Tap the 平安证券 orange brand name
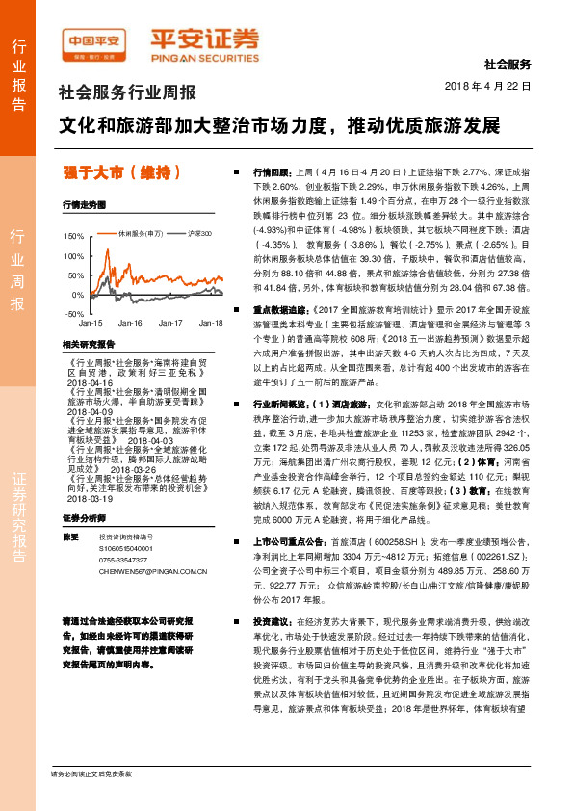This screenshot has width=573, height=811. point(204,41)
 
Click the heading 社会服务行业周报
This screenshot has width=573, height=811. point(127,93)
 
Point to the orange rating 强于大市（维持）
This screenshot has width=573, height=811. point(121,172)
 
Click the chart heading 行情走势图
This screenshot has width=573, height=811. point(84,205)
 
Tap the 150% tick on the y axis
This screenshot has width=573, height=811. point(73,235)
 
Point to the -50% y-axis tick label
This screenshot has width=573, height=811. point(73,314)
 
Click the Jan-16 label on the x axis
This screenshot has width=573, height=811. point(131,324)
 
